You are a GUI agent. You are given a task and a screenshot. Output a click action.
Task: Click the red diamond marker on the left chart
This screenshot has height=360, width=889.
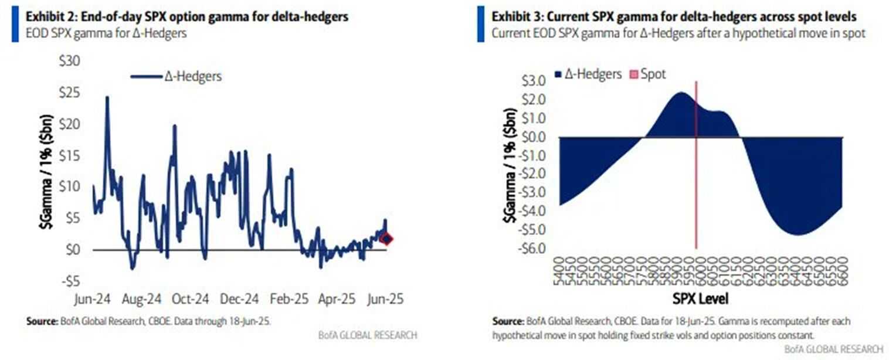click(386, 239)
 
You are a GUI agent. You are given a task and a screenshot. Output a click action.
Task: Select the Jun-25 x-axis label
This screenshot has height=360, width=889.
click(384, 298)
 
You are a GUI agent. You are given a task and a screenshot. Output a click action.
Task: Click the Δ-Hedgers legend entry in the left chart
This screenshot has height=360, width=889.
click(176, 76)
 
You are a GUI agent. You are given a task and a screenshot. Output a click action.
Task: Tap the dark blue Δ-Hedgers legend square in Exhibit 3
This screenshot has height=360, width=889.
click(558, 74)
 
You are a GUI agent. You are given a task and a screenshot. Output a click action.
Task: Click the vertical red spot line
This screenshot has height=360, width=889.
click(696, 176)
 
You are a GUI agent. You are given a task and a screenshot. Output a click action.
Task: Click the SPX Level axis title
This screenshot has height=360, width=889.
click(700, 299)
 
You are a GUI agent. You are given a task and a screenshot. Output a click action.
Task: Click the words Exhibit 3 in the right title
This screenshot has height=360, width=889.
click(517, 16)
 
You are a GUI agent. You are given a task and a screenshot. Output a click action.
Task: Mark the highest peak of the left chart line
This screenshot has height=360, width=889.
click(107, 97)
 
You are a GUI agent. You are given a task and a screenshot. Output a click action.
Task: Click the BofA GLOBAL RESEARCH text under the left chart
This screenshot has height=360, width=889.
click(368, 335)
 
